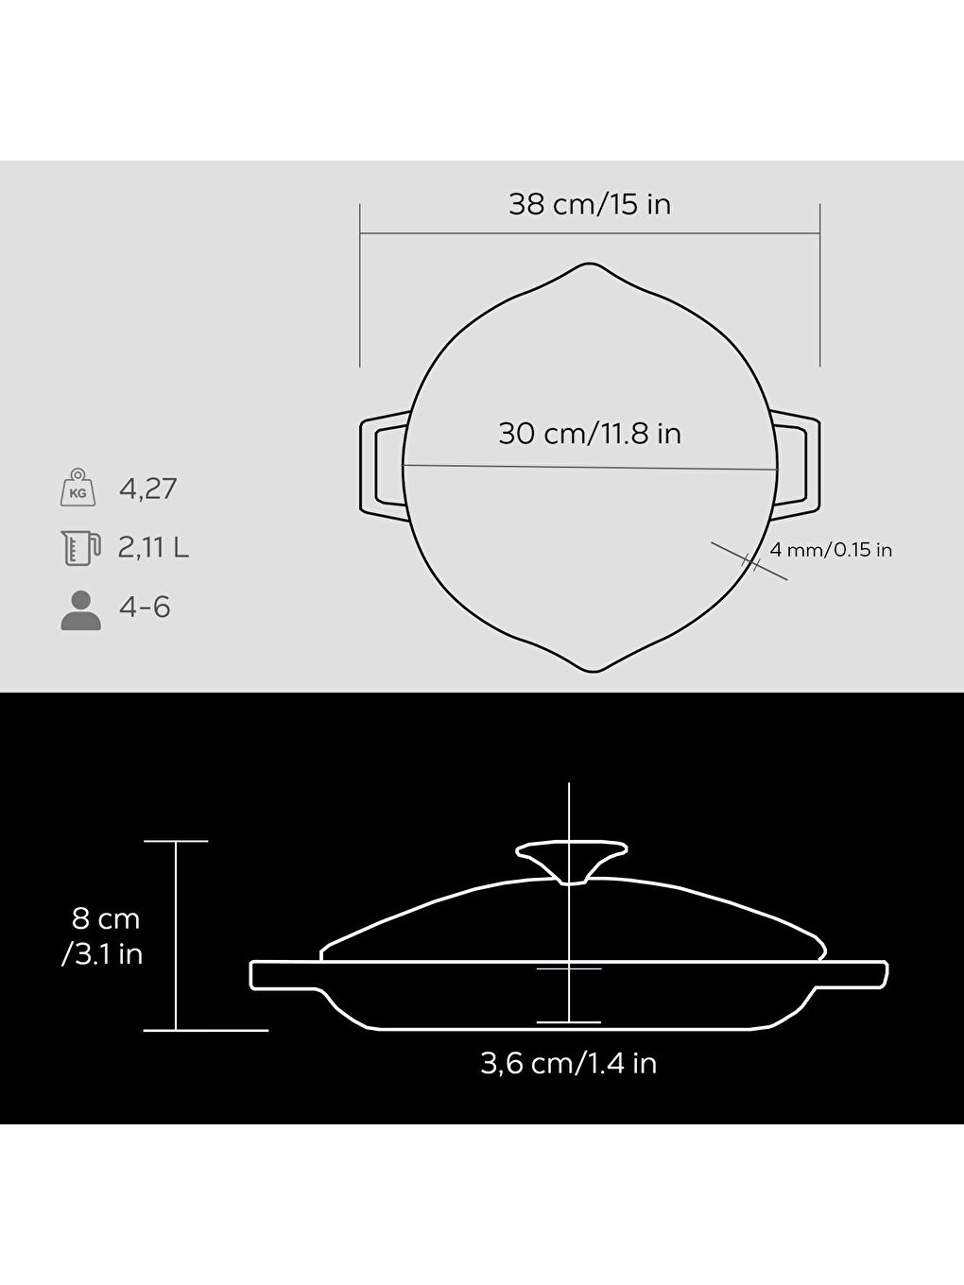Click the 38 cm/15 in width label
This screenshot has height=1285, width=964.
tap(590, 204)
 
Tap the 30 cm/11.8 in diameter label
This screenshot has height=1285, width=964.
tap(590, 434)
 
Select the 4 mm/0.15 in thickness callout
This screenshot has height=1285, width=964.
tap(831, 550)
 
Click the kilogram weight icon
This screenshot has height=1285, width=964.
tap(77, 488)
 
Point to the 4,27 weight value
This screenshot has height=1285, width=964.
tap(148, 489)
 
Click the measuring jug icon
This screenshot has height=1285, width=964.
tap(79, 547)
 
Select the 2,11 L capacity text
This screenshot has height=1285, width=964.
tap(153, 547)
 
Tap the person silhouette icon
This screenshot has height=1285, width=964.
tap(80, 610)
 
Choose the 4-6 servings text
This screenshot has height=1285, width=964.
tap(145, 607)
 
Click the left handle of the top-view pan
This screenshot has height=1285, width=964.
tap(381, 466)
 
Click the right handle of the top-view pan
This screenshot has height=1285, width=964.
tap(800, 466)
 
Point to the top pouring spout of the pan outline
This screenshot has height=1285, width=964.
tap(591, 268)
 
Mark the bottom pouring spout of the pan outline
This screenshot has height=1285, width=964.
tap(591, 667)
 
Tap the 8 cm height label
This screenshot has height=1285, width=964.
tap(105, 918)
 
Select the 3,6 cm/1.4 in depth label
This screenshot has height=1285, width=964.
tap(568, 1064)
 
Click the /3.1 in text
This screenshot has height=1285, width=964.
tap(102, 954)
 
